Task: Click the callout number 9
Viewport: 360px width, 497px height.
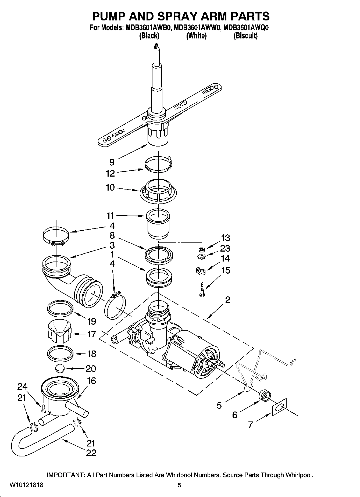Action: coord(112,162)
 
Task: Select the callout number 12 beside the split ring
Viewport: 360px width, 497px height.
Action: coord(110,173)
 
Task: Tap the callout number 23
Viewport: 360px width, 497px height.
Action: coord(225,248)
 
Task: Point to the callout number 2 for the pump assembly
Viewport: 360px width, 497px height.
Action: coord(227,300)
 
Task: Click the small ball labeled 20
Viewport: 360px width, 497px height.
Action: coord(60,368)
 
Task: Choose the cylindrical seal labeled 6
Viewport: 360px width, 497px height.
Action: coord(264,396)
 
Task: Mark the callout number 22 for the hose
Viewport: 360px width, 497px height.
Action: coord(91,453)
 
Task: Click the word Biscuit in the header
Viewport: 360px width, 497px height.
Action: coord(245,36)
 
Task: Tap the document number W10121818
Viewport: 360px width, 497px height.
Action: coord(26,485)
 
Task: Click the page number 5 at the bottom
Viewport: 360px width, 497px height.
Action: coord(179,485)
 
